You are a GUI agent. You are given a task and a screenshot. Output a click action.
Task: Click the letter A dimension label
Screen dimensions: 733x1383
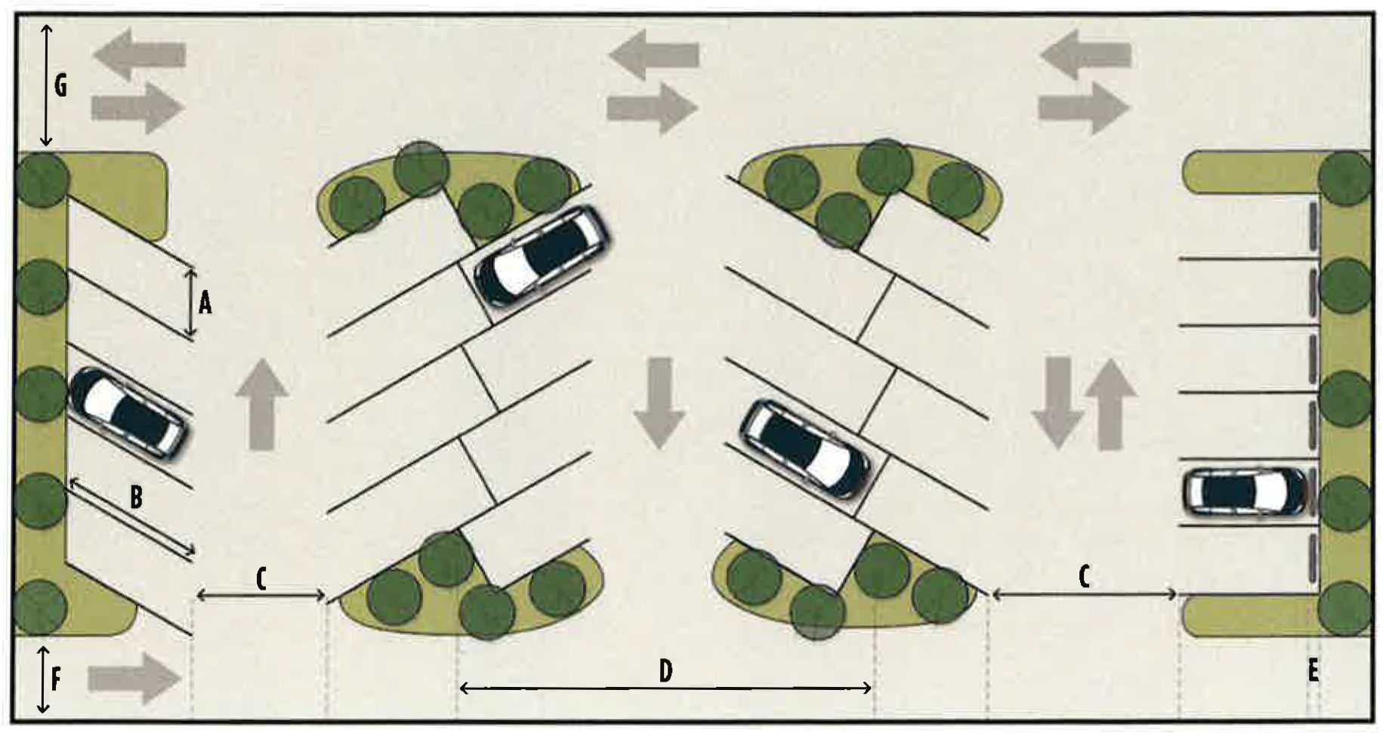pyautogui.click(x=205, y=303)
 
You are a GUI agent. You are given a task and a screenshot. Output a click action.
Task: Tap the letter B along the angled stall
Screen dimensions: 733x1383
pyautogui.click(x=136, y=497)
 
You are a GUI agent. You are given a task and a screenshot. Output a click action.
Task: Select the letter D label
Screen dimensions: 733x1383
pyautogui.click(x=665, y=670)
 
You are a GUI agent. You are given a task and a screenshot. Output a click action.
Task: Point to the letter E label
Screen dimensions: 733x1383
pyautogui.click(x=1314, y=670)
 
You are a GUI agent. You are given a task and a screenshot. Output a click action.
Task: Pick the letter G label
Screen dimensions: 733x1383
pyautogui.click(x=60, y=86)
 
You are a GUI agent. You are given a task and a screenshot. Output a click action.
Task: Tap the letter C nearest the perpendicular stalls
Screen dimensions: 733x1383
pyautogui.click(x=1084, y=577)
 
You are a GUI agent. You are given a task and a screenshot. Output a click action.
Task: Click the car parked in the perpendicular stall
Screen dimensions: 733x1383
pyautogui.click(x=1243, y=493)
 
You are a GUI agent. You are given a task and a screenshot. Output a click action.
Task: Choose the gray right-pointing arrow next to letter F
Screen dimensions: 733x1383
pyautogui.click(x=134, y=677)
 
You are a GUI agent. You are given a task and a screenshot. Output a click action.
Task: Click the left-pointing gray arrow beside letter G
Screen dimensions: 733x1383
pyautogui.click(x=140, y=54)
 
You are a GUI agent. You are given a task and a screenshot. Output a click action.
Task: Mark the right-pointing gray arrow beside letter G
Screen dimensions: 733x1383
pyautogui.click(x=138, y=107)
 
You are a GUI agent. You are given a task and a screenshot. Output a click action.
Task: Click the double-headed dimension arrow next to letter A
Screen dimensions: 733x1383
pyautogui.click(x=190, y=303)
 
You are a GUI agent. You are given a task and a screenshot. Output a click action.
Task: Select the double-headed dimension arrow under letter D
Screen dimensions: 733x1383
pyautogui.click(x=665, y=688)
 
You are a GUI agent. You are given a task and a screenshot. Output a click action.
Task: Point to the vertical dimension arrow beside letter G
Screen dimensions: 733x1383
pyautogui.click(x=46, y=85)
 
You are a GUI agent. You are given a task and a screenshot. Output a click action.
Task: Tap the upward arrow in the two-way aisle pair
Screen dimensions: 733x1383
pyautogui.click(x=1110, y=404)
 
